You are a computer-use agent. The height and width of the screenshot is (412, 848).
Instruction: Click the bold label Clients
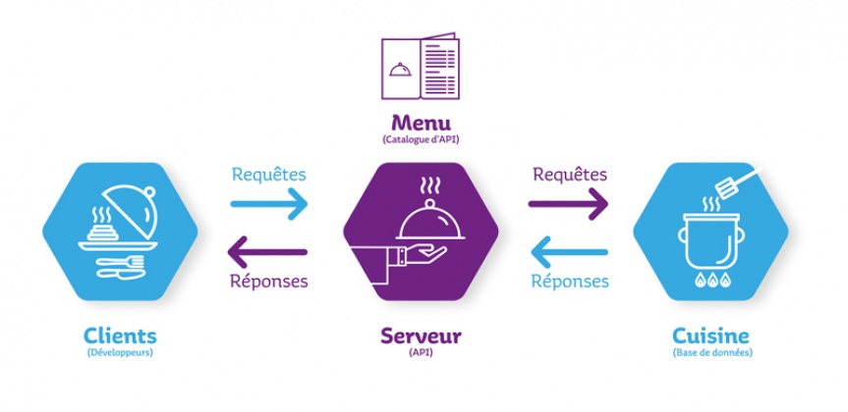tap(119, 336)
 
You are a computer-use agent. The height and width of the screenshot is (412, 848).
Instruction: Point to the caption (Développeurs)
tap(119, 353)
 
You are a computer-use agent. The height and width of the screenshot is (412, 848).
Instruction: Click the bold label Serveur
tap(421, 336)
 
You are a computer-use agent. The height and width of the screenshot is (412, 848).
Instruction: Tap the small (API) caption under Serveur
tap(421, 353)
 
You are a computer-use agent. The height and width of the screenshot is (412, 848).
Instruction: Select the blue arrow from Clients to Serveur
tap(269, 205)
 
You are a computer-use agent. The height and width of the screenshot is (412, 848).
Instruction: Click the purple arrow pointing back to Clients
tap(267, 252)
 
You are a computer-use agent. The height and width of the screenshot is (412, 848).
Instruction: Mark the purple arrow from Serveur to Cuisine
tap(568, 205)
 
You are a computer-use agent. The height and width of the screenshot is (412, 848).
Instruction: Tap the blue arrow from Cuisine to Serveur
tap(568, 252)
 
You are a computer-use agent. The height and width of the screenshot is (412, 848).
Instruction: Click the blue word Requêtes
tap(268, 176)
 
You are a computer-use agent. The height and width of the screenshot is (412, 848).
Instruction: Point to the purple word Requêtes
tap(569, 176)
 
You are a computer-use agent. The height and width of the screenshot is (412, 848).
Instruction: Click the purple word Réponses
tap(268, 282)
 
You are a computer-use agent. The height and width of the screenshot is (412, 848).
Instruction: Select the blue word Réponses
tap(569, 282)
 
